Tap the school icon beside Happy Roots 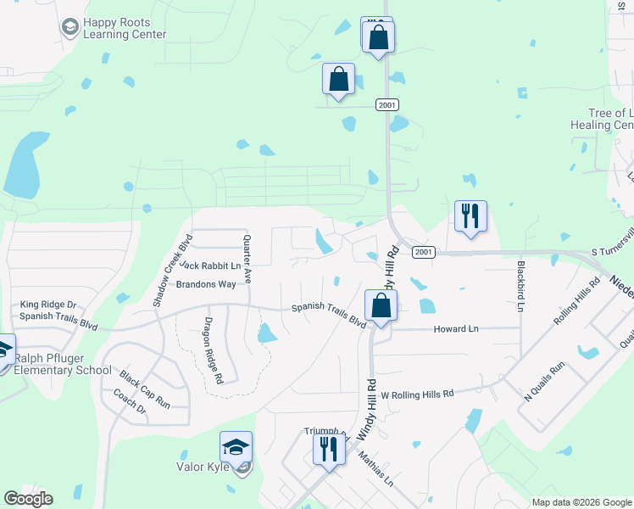(x=70, y=29)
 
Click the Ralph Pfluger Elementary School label (x=63, y=363)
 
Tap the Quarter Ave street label (x=247, y=259)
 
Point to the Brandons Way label (x=205, y=284)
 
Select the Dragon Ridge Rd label (x=213, y=350)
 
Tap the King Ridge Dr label (x=48, y=304)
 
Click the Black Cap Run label (x=144, y=389)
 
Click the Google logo (x=28, y=499)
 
